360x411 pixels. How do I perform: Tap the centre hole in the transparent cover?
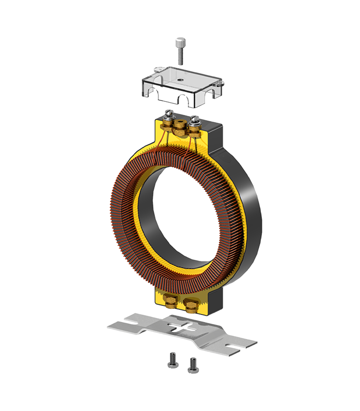coord(181,80)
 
